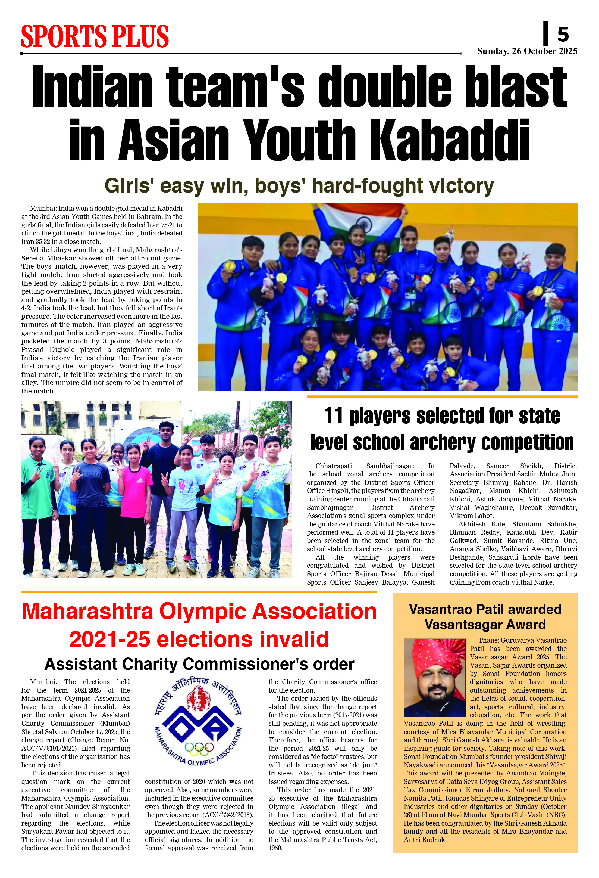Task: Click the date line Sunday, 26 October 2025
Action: pos(527,51)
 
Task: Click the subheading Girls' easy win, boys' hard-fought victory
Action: pos(299,186)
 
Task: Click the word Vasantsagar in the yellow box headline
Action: pos(463,625)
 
